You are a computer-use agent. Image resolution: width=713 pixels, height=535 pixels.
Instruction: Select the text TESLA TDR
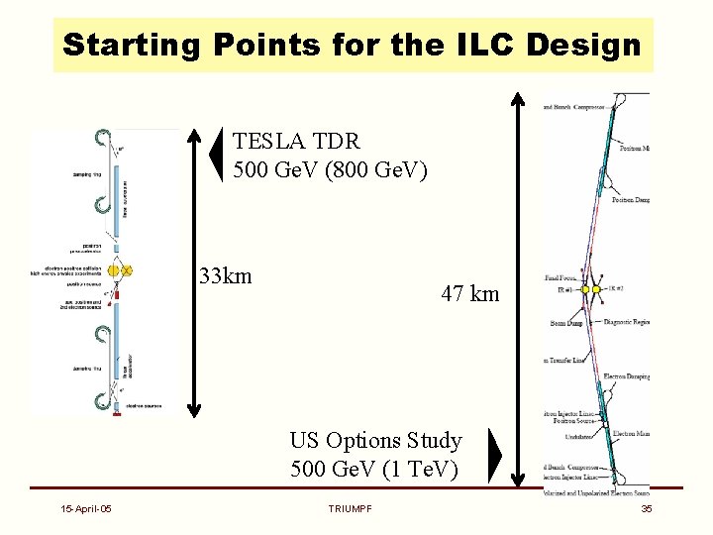(x=296, y=142)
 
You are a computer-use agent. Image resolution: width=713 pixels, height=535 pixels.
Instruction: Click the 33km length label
(x=225, y=275)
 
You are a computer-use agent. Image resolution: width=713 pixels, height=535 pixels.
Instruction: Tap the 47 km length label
(x=470, y=294)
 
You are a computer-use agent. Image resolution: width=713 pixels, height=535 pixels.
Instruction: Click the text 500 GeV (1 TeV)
(x=374, y=468)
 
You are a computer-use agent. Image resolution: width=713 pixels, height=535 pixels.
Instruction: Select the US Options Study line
(x=375, y=440)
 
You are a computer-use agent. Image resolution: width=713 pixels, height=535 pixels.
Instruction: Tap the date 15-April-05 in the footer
(x=84, y=508)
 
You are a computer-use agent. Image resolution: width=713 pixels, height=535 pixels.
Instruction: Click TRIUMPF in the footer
(x=350, y=508)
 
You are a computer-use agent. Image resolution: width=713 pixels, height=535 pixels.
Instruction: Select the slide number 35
(x=646, y=508)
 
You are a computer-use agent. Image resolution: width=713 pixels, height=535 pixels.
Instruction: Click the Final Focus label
(x=563, y=280)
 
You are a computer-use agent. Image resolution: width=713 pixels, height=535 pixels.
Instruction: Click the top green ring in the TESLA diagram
(x=100, y=138)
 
